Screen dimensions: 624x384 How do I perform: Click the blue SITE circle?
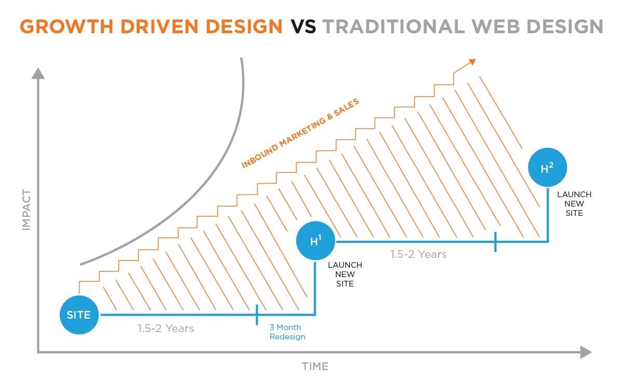coord(79,315)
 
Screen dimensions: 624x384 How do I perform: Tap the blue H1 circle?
coord(316,241)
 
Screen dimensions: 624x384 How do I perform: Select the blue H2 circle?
coord(547,168)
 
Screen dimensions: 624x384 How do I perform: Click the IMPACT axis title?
coord(26,210)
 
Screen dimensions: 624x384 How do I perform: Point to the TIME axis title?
coord(315,366)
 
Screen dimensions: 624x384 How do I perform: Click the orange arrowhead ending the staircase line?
coord(472,62)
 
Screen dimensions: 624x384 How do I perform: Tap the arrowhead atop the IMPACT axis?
coord(38,73)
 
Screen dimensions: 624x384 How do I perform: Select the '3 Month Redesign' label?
coord(287,332)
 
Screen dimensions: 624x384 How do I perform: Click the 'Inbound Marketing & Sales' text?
coord(300,133)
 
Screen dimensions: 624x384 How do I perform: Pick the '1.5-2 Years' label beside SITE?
coord(166,328)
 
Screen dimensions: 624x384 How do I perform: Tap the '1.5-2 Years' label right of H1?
coord(418,254)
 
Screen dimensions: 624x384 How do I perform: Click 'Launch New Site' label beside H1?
coord(345,275)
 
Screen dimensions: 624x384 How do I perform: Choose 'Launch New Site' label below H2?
coord(574,203)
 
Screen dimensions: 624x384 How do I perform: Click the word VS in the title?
coord(303,26)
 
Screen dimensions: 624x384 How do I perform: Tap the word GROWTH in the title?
coord(66,26)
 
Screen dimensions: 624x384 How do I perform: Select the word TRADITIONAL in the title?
coord(394,26)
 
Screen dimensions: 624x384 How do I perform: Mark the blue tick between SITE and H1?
coord(257,314)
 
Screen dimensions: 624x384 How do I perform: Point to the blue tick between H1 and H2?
coord(495,242)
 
